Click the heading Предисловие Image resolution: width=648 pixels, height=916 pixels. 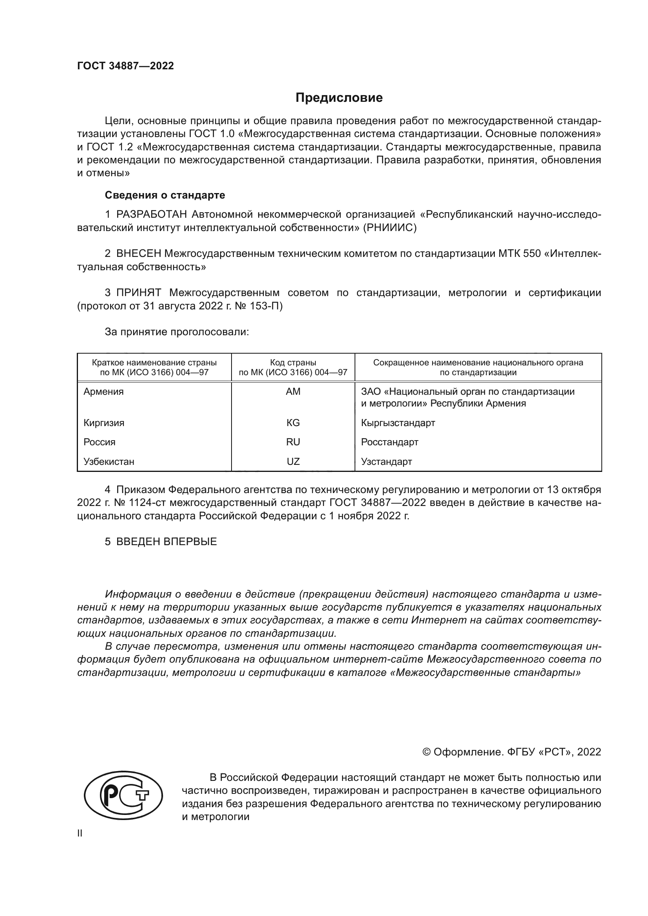point(339,98)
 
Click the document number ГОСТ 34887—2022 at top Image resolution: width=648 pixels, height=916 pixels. point(125,66)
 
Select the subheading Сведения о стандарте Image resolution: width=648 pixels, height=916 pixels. point(165,195)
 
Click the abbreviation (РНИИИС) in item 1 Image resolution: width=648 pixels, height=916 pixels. point(389,228)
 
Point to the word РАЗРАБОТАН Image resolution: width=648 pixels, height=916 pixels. point(152,215)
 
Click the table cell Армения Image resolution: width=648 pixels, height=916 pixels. point(104,391)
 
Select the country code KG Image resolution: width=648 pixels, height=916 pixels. point(293,423)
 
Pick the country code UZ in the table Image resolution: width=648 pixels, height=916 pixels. point(293,462)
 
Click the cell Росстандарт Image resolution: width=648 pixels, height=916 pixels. point(389,442)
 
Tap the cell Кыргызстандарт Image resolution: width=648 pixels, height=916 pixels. point(398,423)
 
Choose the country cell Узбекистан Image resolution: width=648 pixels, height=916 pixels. point(109,462)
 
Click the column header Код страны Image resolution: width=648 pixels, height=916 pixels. point(293,363)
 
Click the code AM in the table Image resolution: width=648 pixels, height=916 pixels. point(293,391)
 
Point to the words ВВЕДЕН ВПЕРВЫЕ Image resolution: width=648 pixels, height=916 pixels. point(167,541)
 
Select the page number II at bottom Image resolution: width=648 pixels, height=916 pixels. point(80,833)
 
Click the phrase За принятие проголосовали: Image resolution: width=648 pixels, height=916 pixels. point(177,332)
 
